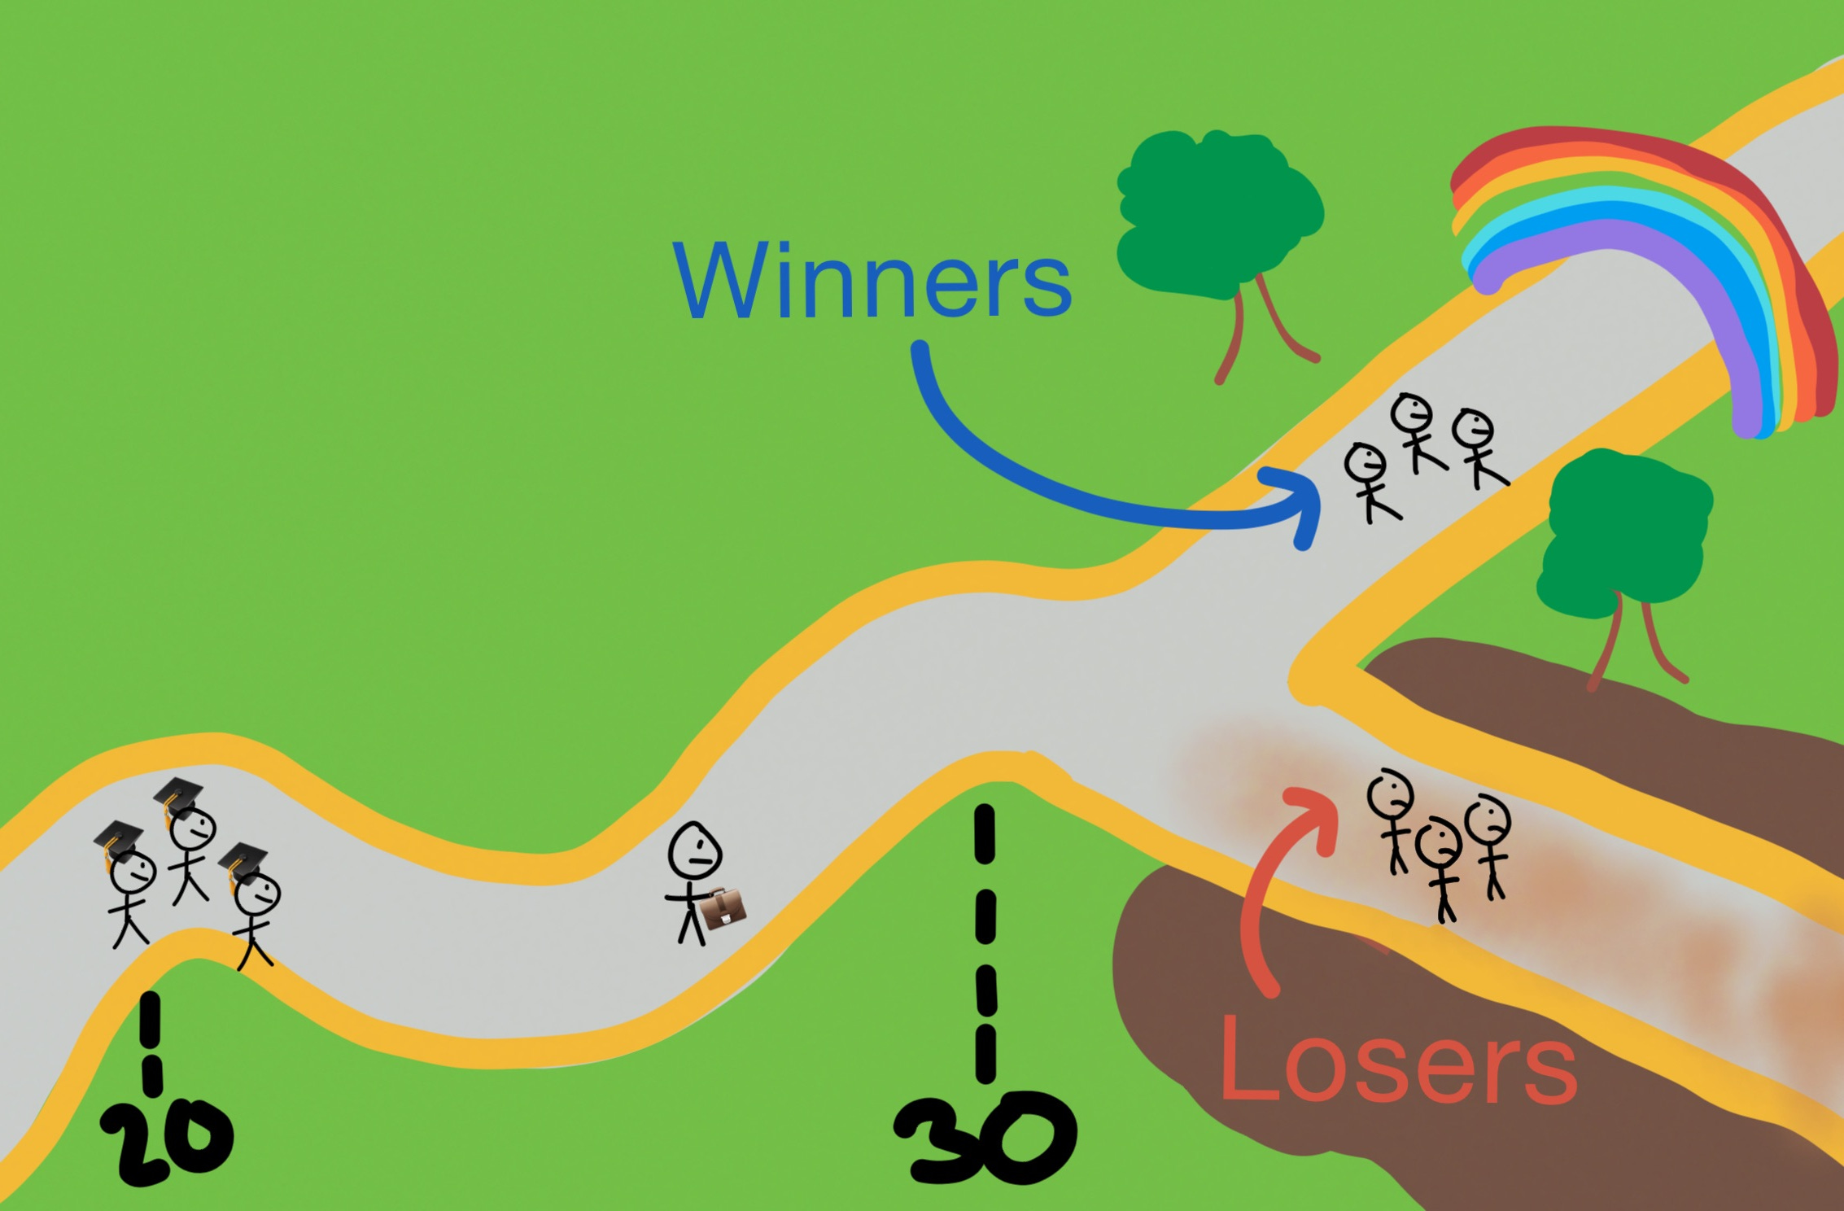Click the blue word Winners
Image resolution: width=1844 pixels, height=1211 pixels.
(x=872, y=281)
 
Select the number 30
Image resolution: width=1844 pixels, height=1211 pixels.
(x=985, y=1139)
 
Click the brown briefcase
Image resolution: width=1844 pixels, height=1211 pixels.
(x=723, y=908)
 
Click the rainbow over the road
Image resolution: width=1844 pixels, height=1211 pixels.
(x=1652, y=244)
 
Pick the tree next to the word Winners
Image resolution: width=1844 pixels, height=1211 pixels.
(x=1217, y=216)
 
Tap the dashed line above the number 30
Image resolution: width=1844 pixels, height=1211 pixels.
(x=985, y=944)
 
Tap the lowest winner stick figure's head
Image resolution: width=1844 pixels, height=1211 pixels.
(x=1366, y=466)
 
